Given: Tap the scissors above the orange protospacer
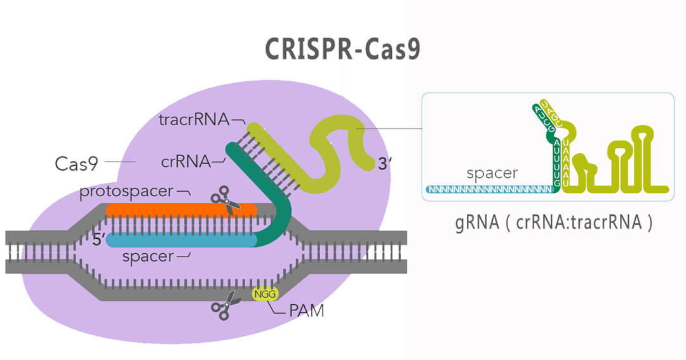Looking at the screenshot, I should (225, 199).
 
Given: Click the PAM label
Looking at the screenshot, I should (306, 312).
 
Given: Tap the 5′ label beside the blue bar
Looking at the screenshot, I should (98, 241).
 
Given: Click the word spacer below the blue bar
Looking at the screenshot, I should (148, 257).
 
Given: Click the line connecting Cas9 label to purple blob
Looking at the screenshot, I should (119, 163).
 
